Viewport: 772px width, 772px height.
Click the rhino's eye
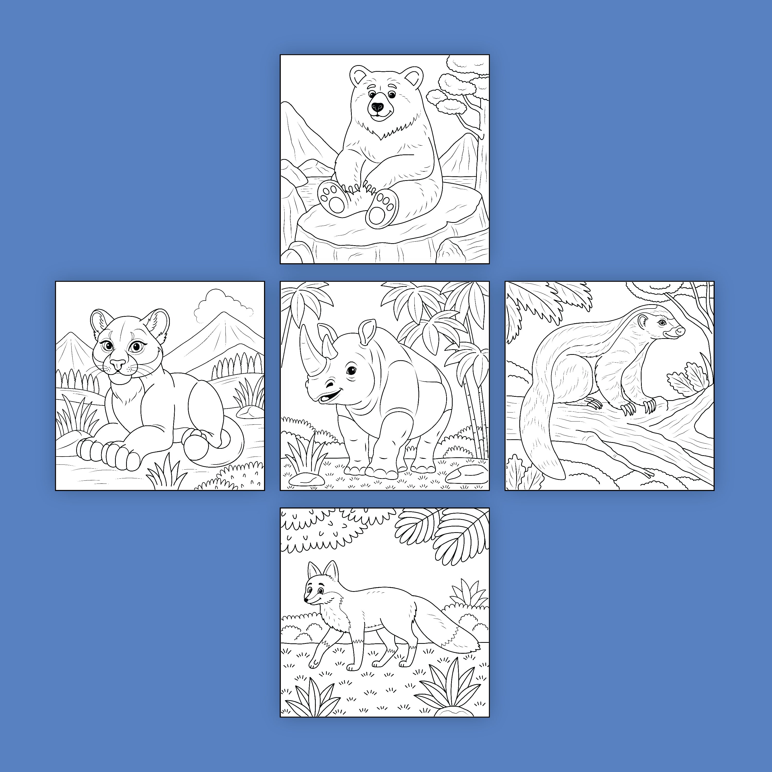tap(351, 371)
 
